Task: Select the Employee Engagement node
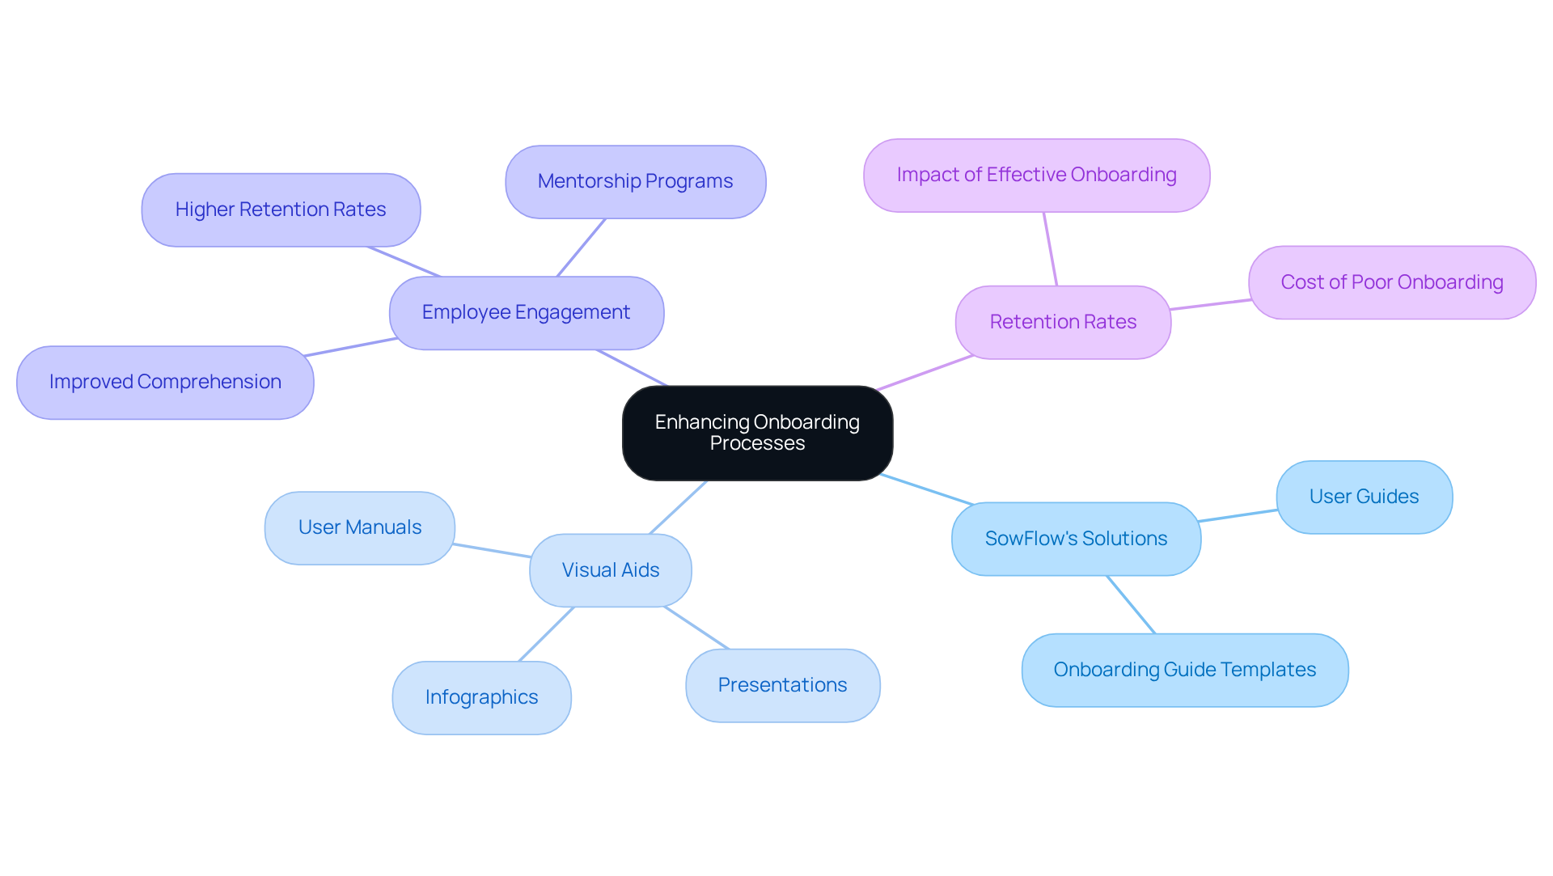[x=526, y=313]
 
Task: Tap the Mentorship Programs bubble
[x=635, y=182]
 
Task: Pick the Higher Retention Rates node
[x=281, y=210]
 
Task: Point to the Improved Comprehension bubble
[x=165, y=383]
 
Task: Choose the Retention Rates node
[x=1063, y=323]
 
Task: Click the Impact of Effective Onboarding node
[x=1036, y=176]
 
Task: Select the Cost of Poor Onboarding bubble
[x=1391, y=283]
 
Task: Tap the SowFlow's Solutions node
[x=1076, y=540]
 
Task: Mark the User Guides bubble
[x=1364, y=497]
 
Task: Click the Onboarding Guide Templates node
[x=1184, y=671]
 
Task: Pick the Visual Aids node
[x=611, y=571]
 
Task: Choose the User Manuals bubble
[x=359, y=528]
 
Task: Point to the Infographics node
[x=481, y=698]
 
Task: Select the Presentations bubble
[x=782, y=686]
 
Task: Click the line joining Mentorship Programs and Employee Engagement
[x=581, y=248]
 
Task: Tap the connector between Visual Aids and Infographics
[x=546, y=635]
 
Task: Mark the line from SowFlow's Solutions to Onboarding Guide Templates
[x=1131, y=605]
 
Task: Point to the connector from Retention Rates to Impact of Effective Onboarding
[x=1050, y=249]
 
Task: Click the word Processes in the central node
[x=757, y=444]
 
